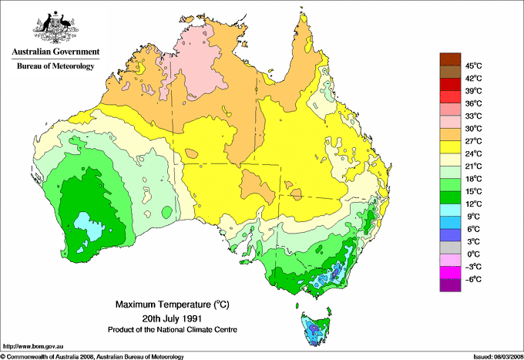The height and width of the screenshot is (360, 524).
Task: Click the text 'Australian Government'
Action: [x=55, y=52]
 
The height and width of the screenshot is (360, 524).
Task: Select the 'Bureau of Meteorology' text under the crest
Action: [x=55, y=66]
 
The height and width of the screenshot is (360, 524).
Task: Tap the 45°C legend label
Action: [x=473, y=66]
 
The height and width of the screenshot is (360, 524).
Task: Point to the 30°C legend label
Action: [x=473, y=129]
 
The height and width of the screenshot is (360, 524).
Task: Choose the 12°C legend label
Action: [x=473, y=204]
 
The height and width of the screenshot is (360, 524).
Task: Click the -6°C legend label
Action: [x=473, y=279]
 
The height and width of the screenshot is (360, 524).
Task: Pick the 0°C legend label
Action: [x=473, y=254]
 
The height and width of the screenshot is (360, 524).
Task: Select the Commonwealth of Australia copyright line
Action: [x=92, y=356]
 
